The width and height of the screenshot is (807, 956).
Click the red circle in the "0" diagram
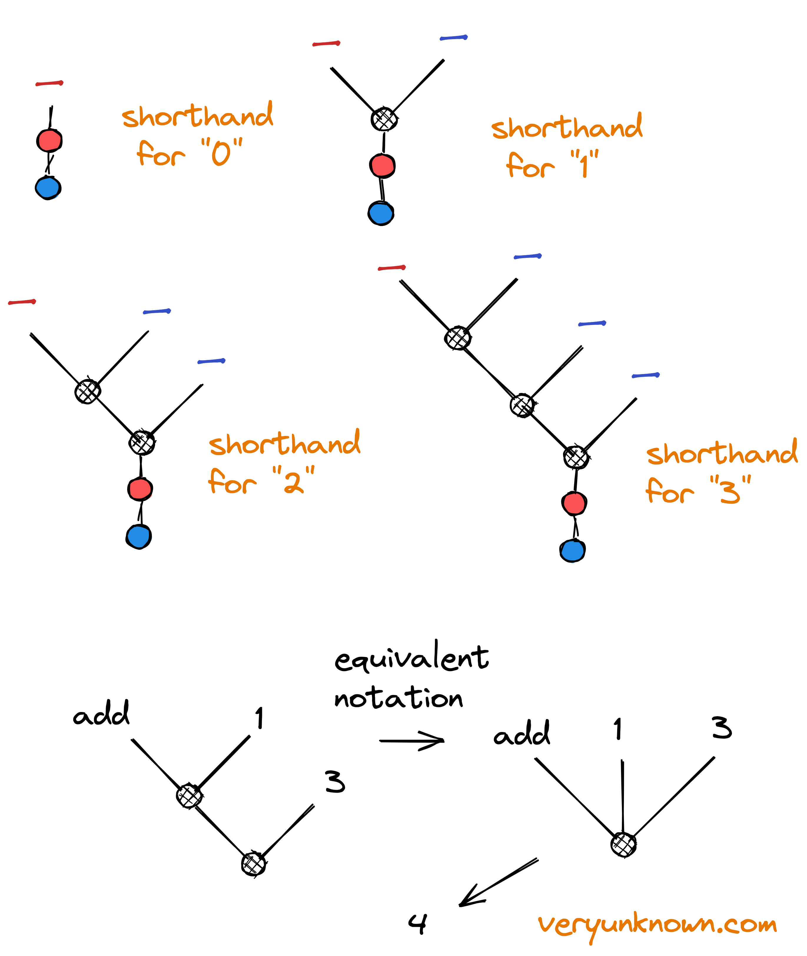click(x=49, y=140)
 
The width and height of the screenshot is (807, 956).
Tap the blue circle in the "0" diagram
click(x=48, y=187)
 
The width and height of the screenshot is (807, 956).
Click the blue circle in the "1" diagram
click(x=381, y=213)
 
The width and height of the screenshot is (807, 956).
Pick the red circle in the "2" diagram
click(x=140, y=489)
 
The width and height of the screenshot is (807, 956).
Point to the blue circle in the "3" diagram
click(x=572, y=550)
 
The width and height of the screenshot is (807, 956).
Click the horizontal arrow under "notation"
click(x=412, y=741)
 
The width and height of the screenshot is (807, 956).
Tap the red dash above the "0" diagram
click(x=49, y=83)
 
